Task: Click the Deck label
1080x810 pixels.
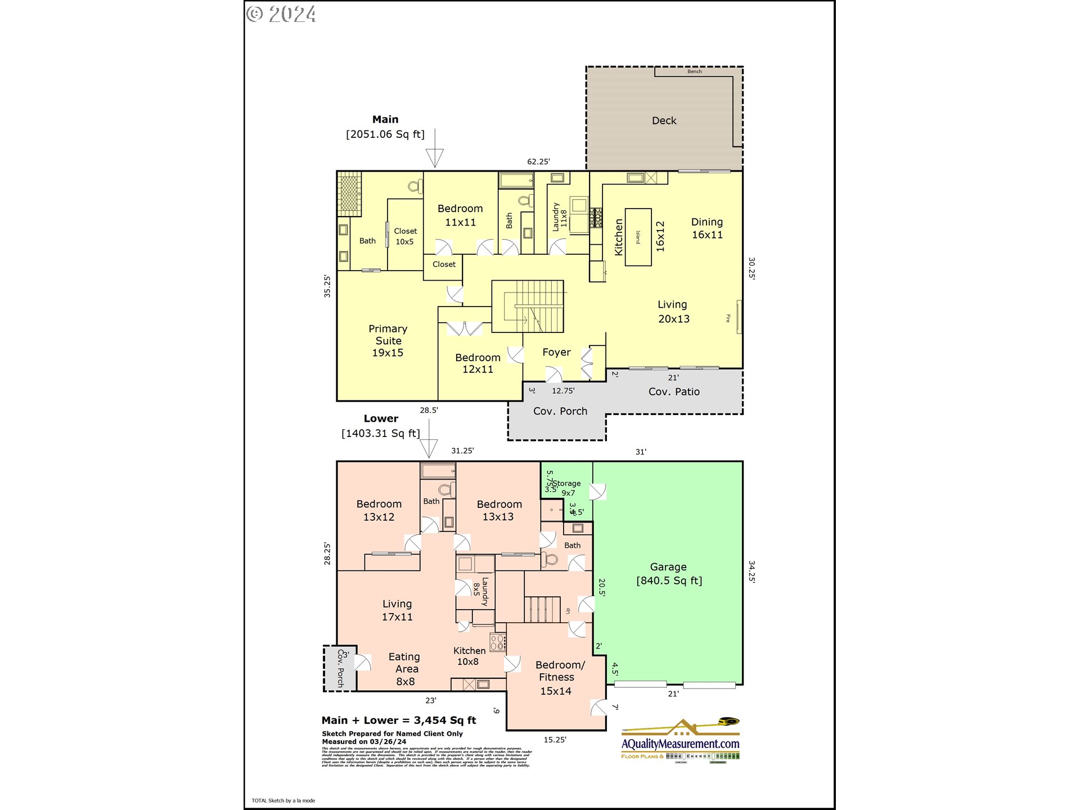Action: click(664, 121)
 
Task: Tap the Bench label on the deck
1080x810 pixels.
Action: click(694, 71)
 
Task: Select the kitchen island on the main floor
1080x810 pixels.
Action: click(638, 237)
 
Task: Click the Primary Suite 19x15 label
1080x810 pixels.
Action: click(388, 341)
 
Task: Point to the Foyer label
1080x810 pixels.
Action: click(556, 352)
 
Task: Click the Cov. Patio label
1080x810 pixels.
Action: click(674, 391)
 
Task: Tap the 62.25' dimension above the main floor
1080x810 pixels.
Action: click(538, 161)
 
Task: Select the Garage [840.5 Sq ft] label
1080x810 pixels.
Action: click(669, 574)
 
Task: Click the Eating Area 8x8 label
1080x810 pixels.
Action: click(405, 669)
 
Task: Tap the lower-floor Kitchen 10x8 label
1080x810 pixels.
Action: click(469, 656)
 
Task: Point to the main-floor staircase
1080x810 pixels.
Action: click(529, 307)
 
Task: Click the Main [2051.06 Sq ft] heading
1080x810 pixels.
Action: click(385, 127)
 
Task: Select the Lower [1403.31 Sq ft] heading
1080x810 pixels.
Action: click(381, 426)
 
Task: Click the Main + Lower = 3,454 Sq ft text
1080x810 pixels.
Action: click(399, 721)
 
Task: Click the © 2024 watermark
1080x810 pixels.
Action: click(281, 13)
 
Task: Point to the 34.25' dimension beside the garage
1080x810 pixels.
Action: click(752, 571)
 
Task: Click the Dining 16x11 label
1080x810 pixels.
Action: click(707, 228)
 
